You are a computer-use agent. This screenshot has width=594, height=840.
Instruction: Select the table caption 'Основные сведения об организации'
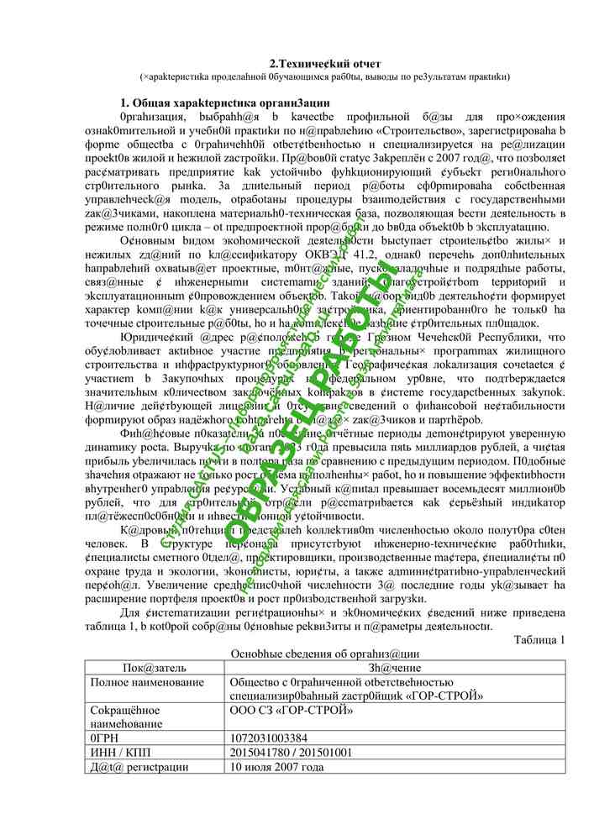click(x=324, y=654)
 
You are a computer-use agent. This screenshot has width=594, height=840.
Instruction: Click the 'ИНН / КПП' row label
click(x=118, y=753)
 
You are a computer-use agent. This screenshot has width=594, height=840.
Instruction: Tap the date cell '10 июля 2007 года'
click(x=276, y=767)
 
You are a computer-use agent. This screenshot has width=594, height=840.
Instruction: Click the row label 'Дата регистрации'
click(x=139, y=767)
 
